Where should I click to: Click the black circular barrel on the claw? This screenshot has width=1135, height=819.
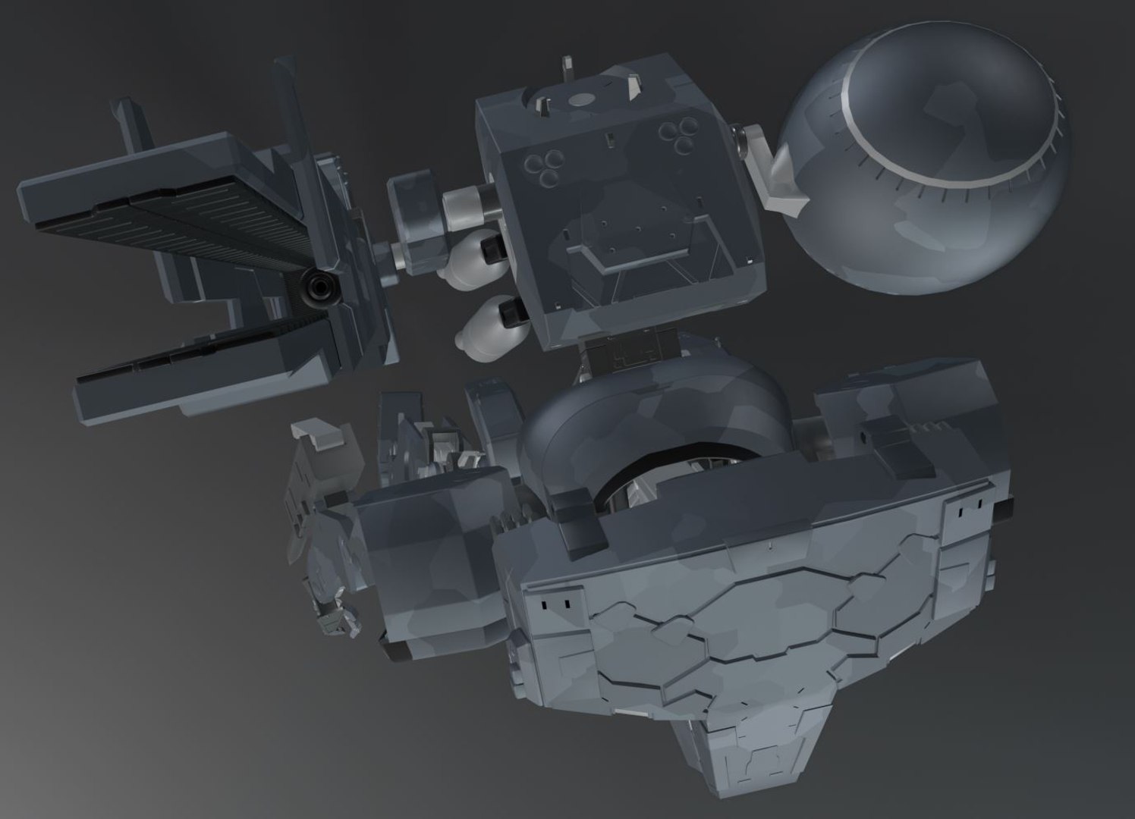[317, 287]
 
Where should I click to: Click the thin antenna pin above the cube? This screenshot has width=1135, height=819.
[567, 68]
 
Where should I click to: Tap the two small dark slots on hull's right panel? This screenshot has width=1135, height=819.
[967, 513]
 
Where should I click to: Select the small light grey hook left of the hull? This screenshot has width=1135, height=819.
[320, 434]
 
